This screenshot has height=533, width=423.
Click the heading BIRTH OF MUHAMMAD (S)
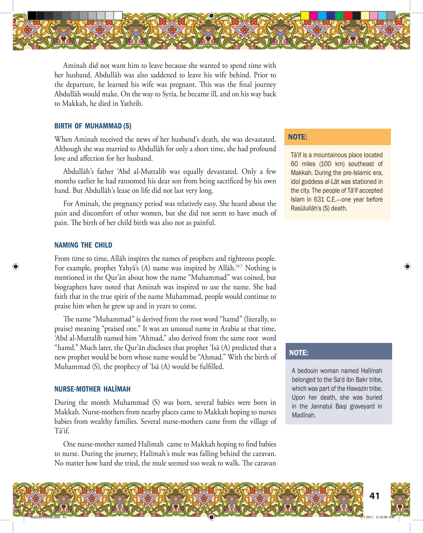93,126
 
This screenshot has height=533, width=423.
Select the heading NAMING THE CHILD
83,245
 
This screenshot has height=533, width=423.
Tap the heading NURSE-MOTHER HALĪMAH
92,389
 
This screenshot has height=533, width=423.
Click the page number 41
374,496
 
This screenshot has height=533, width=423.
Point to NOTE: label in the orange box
298,137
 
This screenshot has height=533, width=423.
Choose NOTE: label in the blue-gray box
299,353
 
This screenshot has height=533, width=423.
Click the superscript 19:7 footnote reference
239,266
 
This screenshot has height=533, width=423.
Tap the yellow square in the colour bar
304,15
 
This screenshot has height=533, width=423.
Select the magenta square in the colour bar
313,15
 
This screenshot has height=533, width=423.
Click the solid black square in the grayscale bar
32,15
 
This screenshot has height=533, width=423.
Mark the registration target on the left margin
15,266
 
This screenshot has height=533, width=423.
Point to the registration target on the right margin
407,266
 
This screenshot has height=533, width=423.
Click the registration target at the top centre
211,15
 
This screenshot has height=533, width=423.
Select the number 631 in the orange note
319,199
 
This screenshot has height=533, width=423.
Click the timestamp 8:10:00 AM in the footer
385,517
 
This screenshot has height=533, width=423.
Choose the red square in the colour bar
348,15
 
